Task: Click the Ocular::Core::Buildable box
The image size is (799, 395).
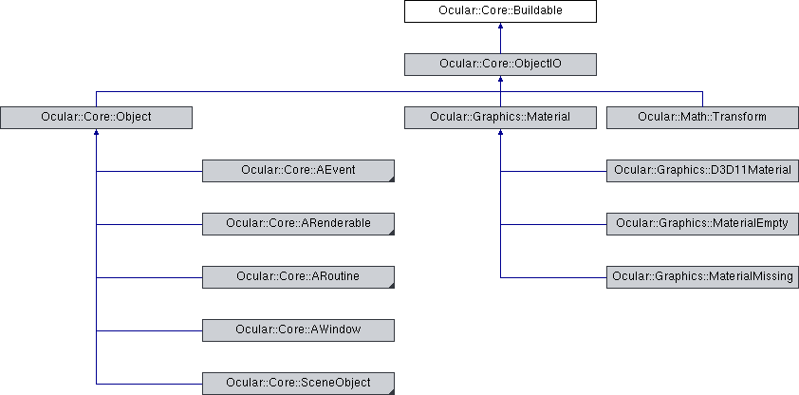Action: (x=500, y=11)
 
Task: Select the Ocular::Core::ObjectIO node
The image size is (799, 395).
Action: (x=500, y=65)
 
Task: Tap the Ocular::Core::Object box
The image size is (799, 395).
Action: (x=96, y=117)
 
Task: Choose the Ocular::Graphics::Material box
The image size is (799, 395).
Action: (x=500, y=117)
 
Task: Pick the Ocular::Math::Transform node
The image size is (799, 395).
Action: (x=703, y=117)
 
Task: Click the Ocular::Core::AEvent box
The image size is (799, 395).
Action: (x=298, y=171)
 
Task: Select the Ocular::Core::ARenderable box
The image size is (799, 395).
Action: (x=298, y=224)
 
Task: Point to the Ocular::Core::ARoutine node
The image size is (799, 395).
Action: (x=298, y=276)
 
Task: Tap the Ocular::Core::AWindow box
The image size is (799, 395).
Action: (x=298, y=329)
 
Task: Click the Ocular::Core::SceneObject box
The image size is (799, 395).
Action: (x=298, y=384)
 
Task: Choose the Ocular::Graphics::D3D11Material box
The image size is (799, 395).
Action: (x=703, y=171)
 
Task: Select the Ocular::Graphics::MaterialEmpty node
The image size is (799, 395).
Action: (x=703, y=224)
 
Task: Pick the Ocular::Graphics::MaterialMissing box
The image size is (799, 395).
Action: (x=703, y=276)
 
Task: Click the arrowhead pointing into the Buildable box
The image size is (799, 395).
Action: (x=500, y=26)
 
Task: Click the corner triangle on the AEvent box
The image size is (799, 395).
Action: (x=392, y=179)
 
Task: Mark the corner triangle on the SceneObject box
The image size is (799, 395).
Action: (x=392, y=392)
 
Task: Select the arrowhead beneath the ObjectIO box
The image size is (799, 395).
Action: (x=500, y=80)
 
